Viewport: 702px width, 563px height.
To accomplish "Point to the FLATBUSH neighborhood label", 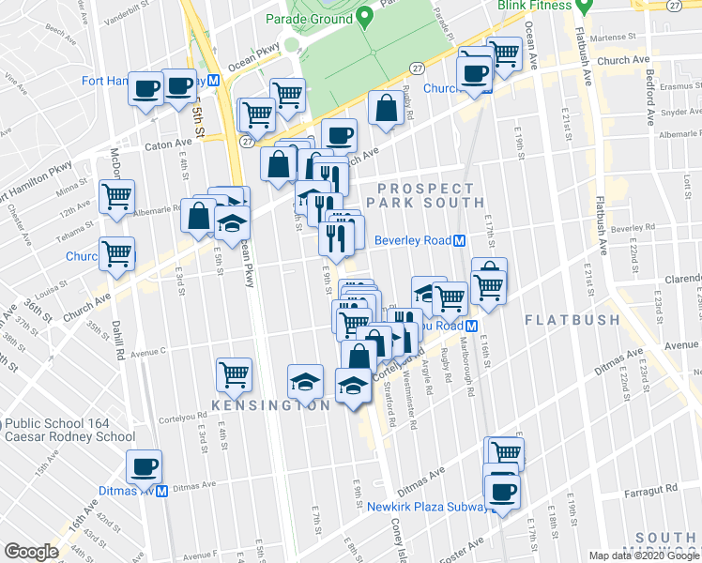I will point(572,320).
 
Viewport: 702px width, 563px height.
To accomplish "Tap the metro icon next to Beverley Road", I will point(460,240).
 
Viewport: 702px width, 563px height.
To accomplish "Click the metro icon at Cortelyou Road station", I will point(472,326).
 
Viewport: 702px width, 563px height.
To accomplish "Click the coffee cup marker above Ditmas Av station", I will point(145,466).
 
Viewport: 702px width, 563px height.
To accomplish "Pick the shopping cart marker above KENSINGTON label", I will point(234,374).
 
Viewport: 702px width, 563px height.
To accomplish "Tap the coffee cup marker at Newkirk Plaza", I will point(501,491).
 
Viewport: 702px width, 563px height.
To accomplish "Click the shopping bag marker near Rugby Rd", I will point(386,108).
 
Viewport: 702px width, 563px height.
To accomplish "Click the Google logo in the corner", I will point(31,551).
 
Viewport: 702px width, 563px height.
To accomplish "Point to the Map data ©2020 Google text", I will point(643,555).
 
